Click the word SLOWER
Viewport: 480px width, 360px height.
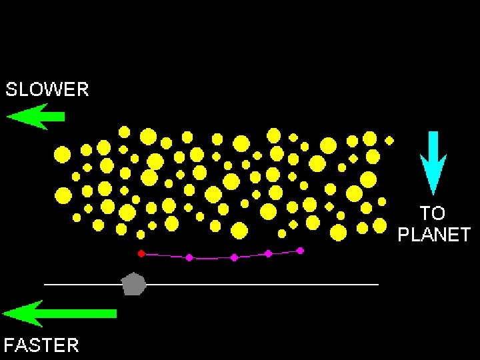pos(47,89)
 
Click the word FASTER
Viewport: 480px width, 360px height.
pos(41,345)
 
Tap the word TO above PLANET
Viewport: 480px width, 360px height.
pos(432,213)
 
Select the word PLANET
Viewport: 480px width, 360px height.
pos(434,235)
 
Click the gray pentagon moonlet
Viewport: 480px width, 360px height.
pos(134,284)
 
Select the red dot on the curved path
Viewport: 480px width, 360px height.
pos(141,253)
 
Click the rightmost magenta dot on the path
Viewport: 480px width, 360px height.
pos(300,251)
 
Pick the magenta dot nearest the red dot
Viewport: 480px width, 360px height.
pos(189,257)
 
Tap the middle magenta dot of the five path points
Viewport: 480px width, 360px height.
pos(234,257)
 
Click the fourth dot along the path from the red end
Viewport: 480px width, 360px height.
pos(268,253)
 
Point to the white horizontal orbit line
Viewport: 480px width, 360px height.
pos(267,285)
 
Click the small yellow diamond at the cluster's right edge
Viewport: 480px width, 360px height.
pos(389,141)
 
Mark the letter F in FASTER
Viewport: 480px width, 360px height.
pos(9,345)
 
